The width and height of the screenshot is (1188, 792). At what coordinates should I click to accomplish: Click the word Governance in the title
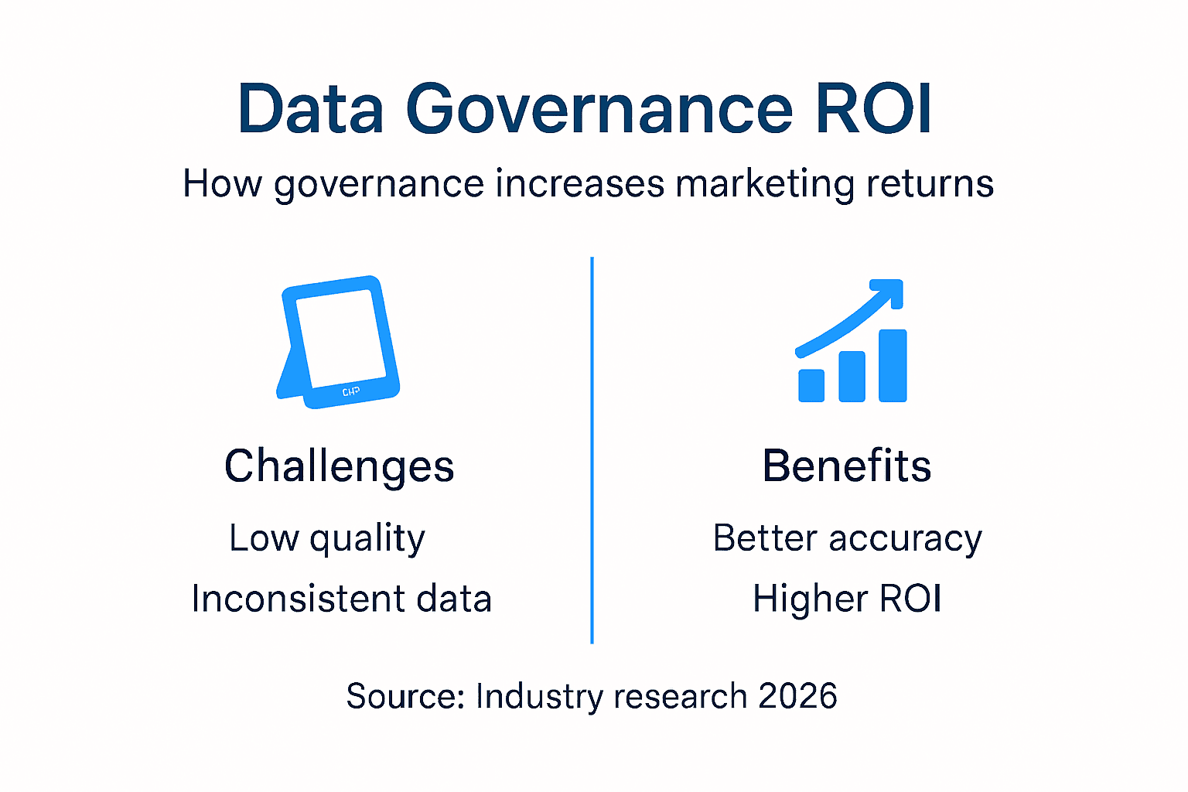(599, 110)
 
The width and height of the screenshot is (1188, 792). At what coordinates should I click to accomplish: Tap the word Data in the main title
(311, 110)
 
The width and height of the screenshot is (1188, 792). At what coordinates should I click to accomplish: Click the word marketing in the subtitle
(766, 185)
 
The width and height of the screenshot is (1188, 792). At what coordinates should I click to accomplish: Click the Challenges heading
(339, 466)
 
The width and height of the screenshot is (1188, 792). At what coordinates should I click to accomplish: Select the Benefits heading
(847, 466)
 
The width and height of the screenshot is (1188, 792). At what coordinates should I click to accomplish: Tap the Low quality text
(327, 538)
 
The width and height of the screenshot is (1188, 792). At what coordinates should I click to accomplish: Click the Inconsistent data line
(341, 599)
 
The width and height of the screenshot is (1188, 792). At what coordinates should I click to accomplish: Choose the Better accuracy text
(847, 538)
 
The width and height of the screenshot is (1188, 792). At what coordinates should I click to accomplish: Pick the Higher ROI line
(847, 599)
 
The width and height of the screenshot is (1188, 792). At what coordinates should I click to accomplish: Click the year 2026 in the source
(797, 696)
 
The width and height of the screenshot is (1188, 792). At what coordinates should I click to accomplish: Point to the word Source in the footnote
(405, 696)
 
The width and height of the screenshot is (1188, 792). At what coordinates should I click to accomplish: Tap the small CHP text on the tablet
(350, 392)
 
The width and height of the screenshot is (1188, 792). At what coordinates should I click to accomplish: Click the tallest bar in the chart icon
(893, 365)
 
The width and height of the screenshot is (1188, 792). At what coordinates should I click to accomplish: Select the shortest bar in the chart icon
(811, 385)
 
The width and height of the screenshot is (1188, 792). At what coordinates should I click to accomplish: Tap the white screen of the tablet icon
(342, 337)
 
